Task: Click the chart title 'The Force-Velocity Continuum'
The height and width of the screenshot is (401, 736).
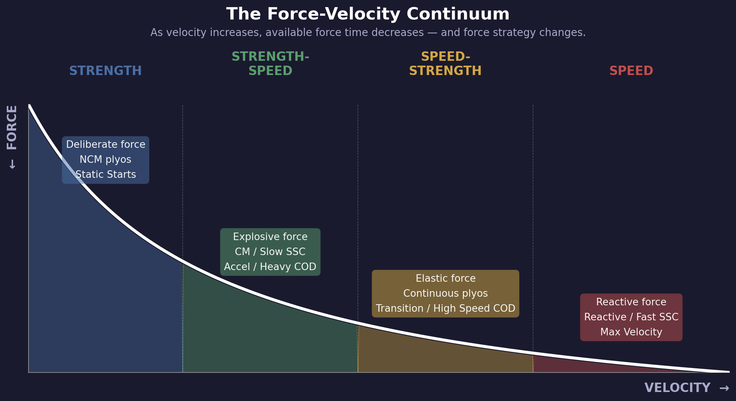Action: click(x=368, y=15)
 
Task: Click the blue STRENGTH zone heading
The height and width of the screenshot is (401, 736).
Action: click(x=105, y=71)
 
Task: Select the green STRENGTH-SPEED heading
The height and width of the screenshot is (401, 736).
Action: click(x=270, y=64)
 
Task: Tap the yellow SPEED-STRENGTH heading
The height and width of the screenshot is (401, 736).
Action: click(x=445, y=64)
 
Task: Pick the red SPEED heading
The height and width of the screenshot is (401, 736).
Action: click(x=631, y=71)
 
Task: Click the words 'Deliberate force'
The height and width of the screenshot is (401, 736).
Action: click(x=105, y=145)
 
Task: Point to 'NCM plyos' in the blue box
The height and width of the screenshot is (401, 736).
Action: click(x=105, y=160)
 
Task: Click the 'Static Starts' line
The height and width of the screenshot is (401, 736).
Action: click(x=105, y=175)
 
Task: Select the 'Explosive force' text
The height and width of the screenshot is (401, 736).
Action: click(x=270, y=237)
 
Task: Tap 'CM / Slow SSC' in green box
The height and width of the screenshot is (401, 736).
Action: click(x=270, y=252)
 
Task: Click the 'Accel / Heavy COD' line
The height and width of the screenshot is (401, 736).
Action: click(x=270, y=267)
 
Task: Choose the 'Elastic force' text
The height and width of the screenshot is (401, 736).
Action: click(x=445, y=279)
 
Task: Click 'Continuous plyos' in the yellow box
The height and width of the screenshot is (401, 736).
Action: click(x=445, y=294)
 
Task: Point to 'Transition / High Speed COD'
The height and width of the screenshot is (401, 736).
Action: click(x=445, y=309)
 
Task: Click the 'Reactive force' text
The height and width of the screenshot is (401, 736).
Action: click(x=631, y=302)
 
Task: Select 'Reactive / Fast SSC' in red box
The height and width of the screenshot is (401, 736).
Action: click(x=631, y=317)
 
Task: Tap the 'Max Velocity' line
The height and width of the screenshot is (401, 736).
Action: click(x=631, y=332)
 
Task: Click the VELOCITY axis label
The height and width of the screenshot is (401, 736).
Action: click(x=677, y=388)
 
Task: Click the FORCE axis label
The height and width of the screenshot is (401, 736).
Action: click(x=12, y=128)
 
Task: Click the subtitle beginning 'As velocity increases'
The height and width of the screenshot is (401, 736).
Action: click(x=368, y=33)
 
